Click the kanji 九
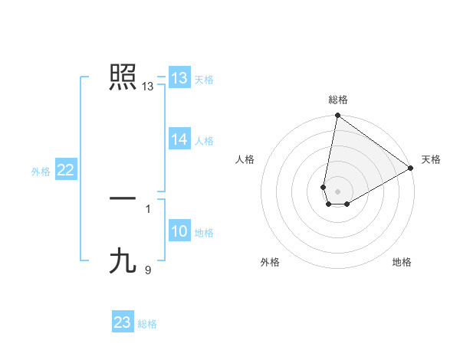tap(123, 260)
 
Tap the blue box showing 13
tap(179, 78)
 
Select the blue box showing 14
tap(179, 139)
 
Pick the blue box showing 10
tap(179, 231)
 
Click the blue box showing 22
tap(66, 171)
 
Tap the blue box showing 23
tap(123, 322)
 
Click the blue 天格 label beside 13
tap(204, 80)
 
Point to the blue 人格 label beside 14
tap(204, 141)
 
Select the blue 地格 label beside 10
tap(204, 233)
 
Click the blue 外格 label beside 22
tap(41, 172)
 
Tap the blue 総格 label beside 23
tap(147, 324)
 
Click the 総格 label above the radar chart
tap(338, 100)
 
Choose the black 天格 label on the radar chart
tap(431, 159)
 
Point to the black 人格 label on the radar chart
tap(245, 159)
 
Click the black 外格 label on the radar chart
tap(270, 262)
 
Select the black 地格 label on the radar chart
tap(402, 262)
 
